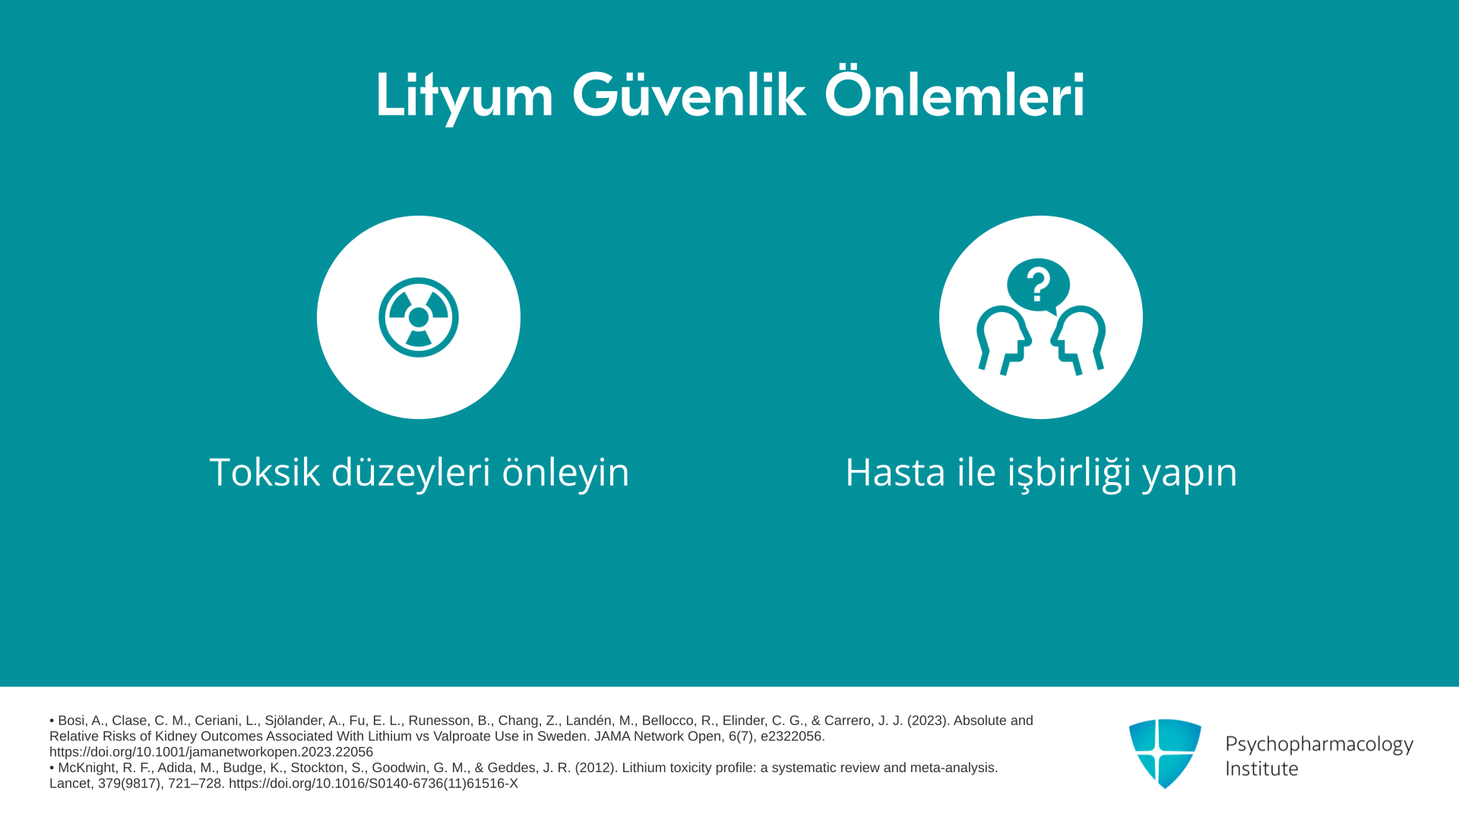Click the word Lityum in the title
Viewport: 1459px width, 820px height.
(464, 96)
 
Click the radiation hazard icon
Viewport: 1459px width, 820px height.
(419, 317)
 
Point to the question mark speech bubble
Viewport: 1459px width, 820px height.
(1038, 285)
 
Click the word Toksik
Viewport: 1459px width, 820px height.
(264, 471)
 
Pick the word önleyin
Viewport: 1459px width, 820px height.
(566, 471)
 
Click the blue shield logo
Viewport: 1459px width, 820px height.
(1165, 753)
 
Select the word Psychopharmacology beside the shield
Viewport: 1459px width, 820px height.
(1319, 745)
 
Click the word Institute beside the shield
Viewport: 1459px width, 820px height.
(1261, 768)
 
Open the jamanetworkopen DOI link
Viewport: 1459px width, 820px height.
(211, 752)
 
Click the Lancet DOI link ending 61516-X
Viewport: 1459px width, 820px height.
(373, 784)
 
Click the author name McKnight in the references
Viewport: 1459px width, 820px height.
(88, 768)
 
